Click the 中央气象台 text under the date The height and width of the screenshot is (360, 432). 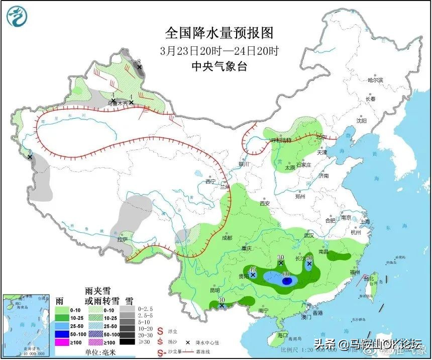click(x=220, y=66)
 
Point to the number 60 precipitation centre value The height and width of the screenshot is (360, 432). click(x=286, y=275)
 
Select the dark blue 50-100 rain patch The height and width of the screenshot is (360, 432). click(x=287, y=282)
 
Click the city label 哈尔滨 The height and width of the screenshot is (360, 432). click(x=375, y=80)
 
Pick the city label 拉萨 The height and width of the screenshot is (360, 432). click(x=123, y=240)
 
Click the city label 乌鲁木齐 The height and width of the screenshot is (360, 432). click(x=117, y=104)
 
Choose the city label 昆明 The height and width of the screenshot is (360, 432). click(x=214, y=290)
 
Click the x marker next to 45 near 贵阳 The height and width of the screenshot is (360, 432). click(x=253, y=275)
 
